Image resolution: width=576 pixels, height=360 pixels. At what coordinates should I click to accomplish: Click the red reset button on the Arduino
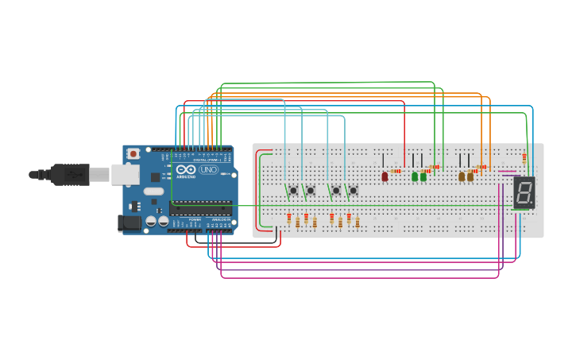[x=133, y=153]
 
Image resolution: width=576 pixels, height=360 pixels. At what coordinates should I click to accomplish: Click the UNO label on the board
[x=208, y=169]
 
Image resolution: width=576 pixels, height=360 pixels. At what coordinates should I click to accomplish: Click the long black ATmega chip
[x=201, y=209]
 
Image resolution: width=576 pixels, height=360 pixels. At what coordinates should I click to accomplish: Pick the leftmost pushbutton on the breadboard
[x=293, y=190]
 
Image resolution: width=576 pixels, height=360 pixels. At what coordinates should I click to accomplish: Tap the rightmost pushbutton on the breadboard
[x=353, y=190]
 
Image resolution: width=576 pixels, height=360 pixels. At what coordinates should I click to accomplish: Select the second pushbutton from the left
[x=311, y=190]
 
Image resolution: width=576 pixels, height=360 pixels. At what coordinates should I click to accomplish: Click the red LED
[x=385, y=176]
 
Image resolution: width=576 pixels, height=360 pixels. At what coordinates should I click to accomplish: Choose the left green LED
[x=414, y=176]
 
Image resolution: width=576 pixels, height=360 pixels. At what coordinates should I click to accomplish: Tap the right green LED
[x=423, y=176]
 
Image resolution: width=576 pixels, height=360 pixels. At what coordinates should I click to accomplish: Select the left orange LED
[x=461, y=176]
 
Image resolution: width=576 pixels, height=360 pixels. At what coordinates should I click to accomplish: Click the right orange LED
[x=470, y=176]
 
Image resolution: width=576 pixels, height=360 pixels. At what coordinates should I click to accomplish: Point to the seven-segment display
[x=523, y=192]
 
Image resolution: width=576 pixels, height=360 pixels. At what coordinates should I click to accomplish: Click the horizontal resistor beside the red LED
[x=396, y=171]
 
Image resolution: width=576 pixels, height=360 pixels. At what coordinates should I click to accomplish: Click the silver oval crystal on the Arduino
[x=153, y=191]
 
